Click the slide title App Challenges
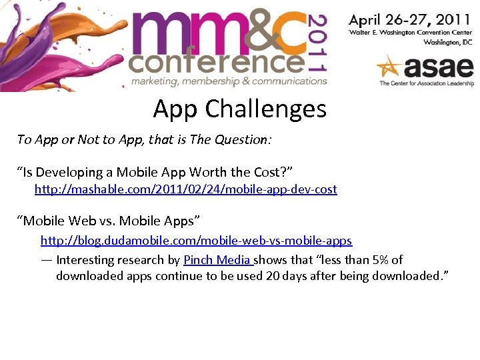pyautogui.click(x=239, y=108)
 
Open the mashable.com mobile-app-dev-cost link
pyautogui.click(x=185, y=189)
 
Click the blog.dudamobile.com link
pyautogui.click(x=196, y=240)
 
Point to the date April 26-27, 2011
pyautogui.click(x=409, y=20)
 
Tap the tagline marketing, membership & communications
pyautogui.click(x=229, y=81)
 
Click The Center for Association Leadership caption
pyautogui.click(x=425, y=83)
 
